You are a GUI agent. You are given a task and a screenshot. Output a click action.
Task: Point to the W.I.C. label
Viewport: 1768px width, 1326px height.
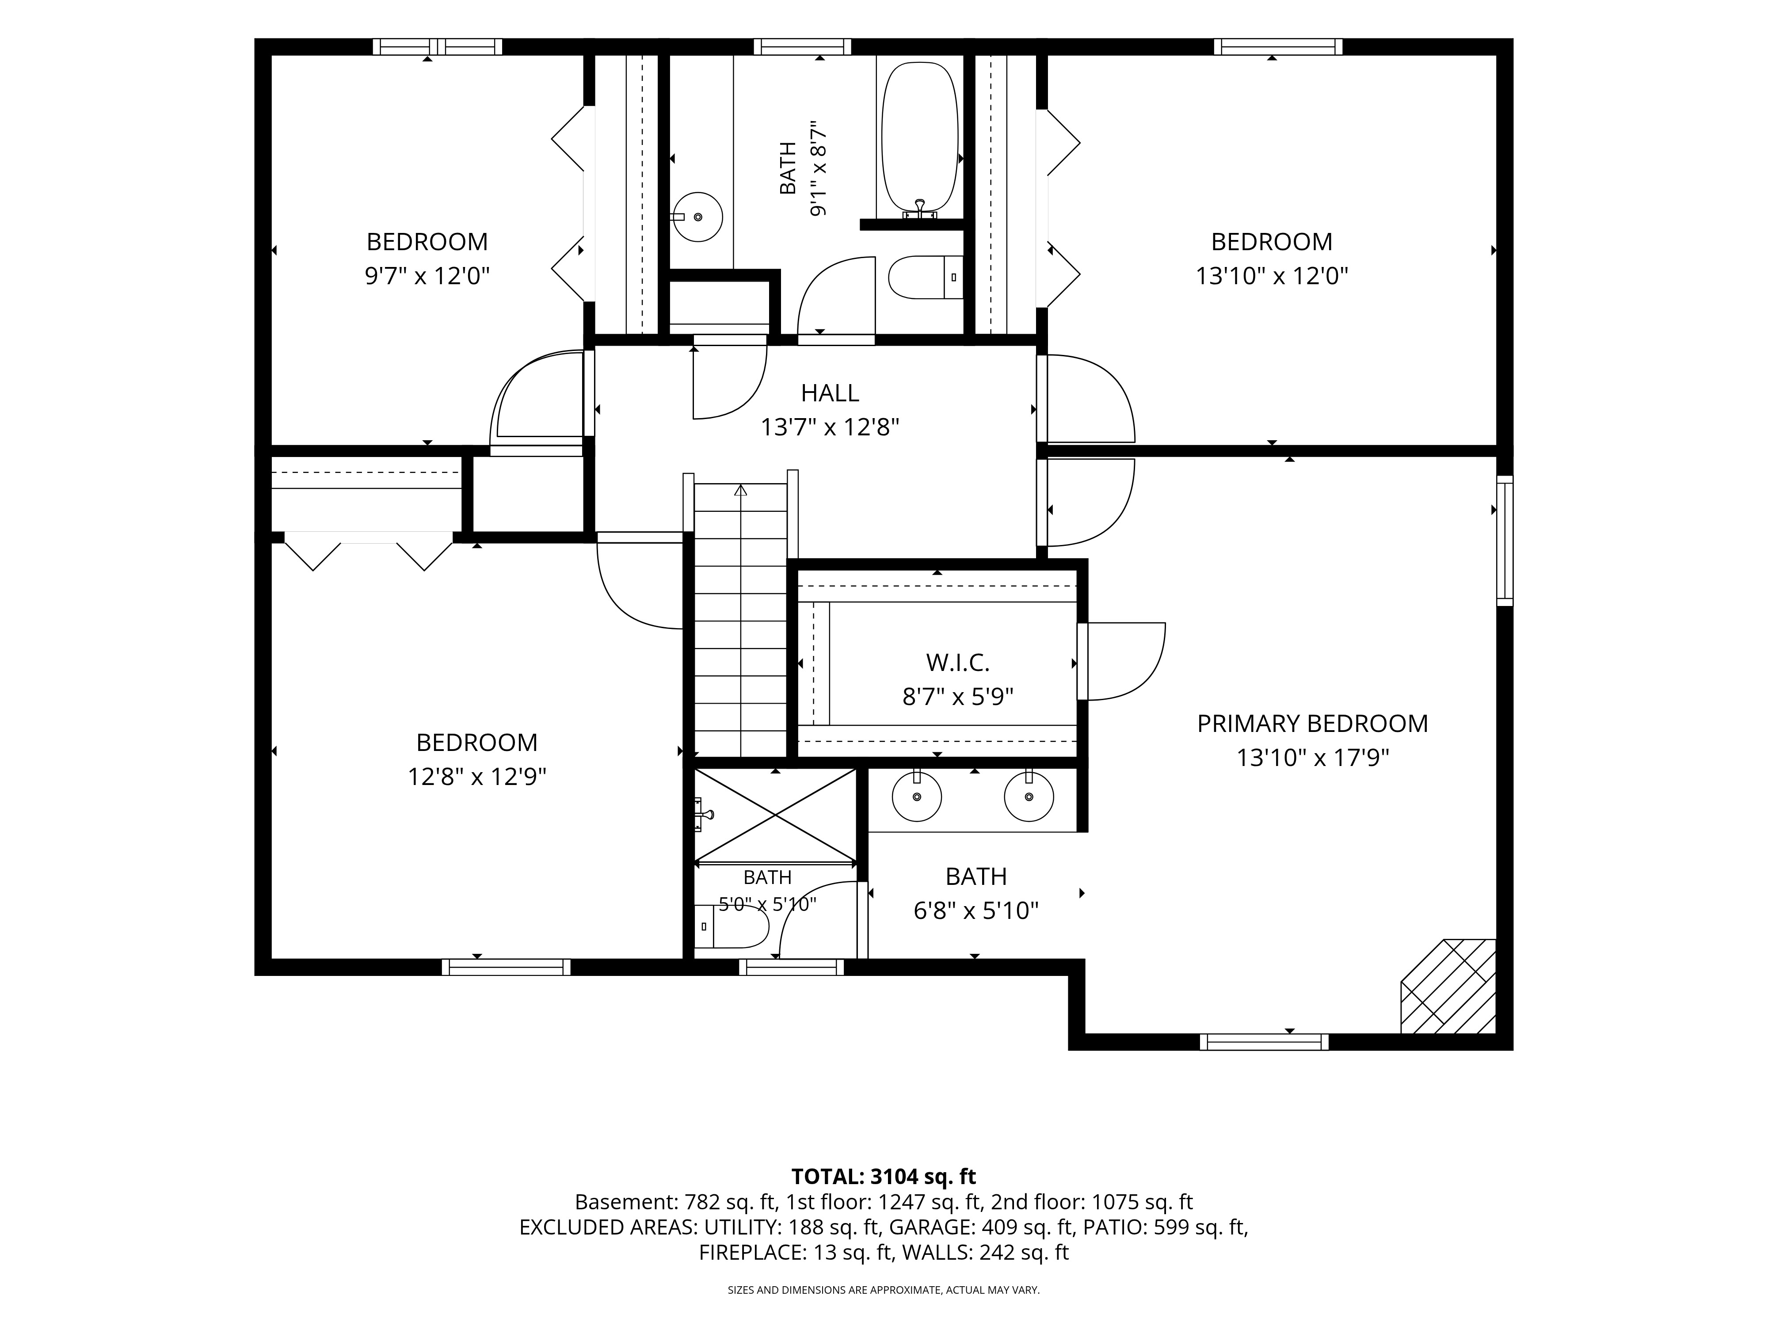point(957,663)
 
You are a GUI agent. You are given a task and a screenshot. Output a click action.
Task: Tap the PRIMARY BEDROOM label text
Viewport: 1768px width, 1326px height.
point(1312,724)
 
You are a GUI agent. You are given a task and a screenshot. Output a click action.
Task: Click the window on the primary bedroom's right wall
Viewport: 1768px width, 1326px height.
point(1504,540)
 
